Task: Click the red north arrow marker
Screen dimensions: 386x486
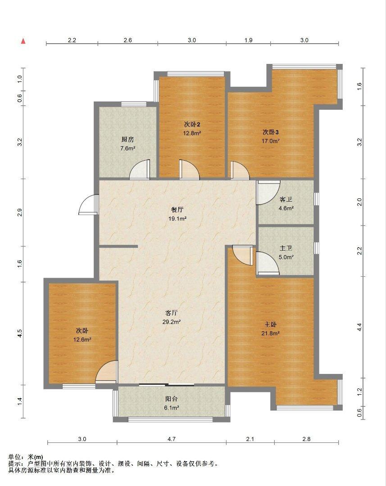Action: point(23,41)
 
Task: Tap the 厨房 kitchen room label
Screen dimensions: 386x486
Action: point(127,139)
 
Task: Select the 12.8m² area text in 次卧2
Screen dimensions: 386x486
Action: point(192,133)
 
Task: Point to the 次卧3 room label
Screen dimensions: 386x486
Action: point(271,132)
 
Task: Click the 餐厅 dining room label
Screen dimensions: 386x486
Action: point(177,210)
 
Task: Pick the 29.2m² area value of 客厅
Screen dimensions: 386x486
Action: point(172,322)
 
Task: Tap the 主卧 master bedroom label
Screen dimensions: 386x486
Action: point(270,324)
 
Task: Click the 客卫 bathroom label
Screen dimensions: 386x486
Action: point(286,199)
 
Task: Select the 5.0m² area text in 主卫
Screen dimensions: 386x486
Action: point(286,257)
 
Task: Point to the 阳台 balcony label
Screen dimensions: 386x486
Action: point(171,399)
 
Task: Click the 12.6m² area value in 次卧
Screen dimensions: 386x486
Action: point(82,339)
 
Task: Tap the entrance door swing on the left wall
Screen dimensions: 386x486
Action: point(89,205)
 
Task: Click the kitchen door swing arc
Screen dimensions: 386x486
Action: point(140,170)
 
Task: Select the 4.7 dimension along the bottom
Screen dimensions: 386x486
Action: point(172,439)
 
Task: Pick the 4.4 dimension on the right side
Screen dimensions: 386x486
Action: point(359,327)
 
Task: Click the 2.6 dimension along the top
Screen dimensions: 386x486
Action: point(127,40)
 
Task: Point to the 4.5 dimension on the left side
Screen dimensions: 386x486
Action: point(20,333)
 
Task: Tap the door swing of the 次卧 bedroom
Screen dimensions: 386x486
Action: point(107,371)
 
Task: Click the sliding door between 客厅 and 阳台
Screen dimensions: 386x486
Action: point(167,385)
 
